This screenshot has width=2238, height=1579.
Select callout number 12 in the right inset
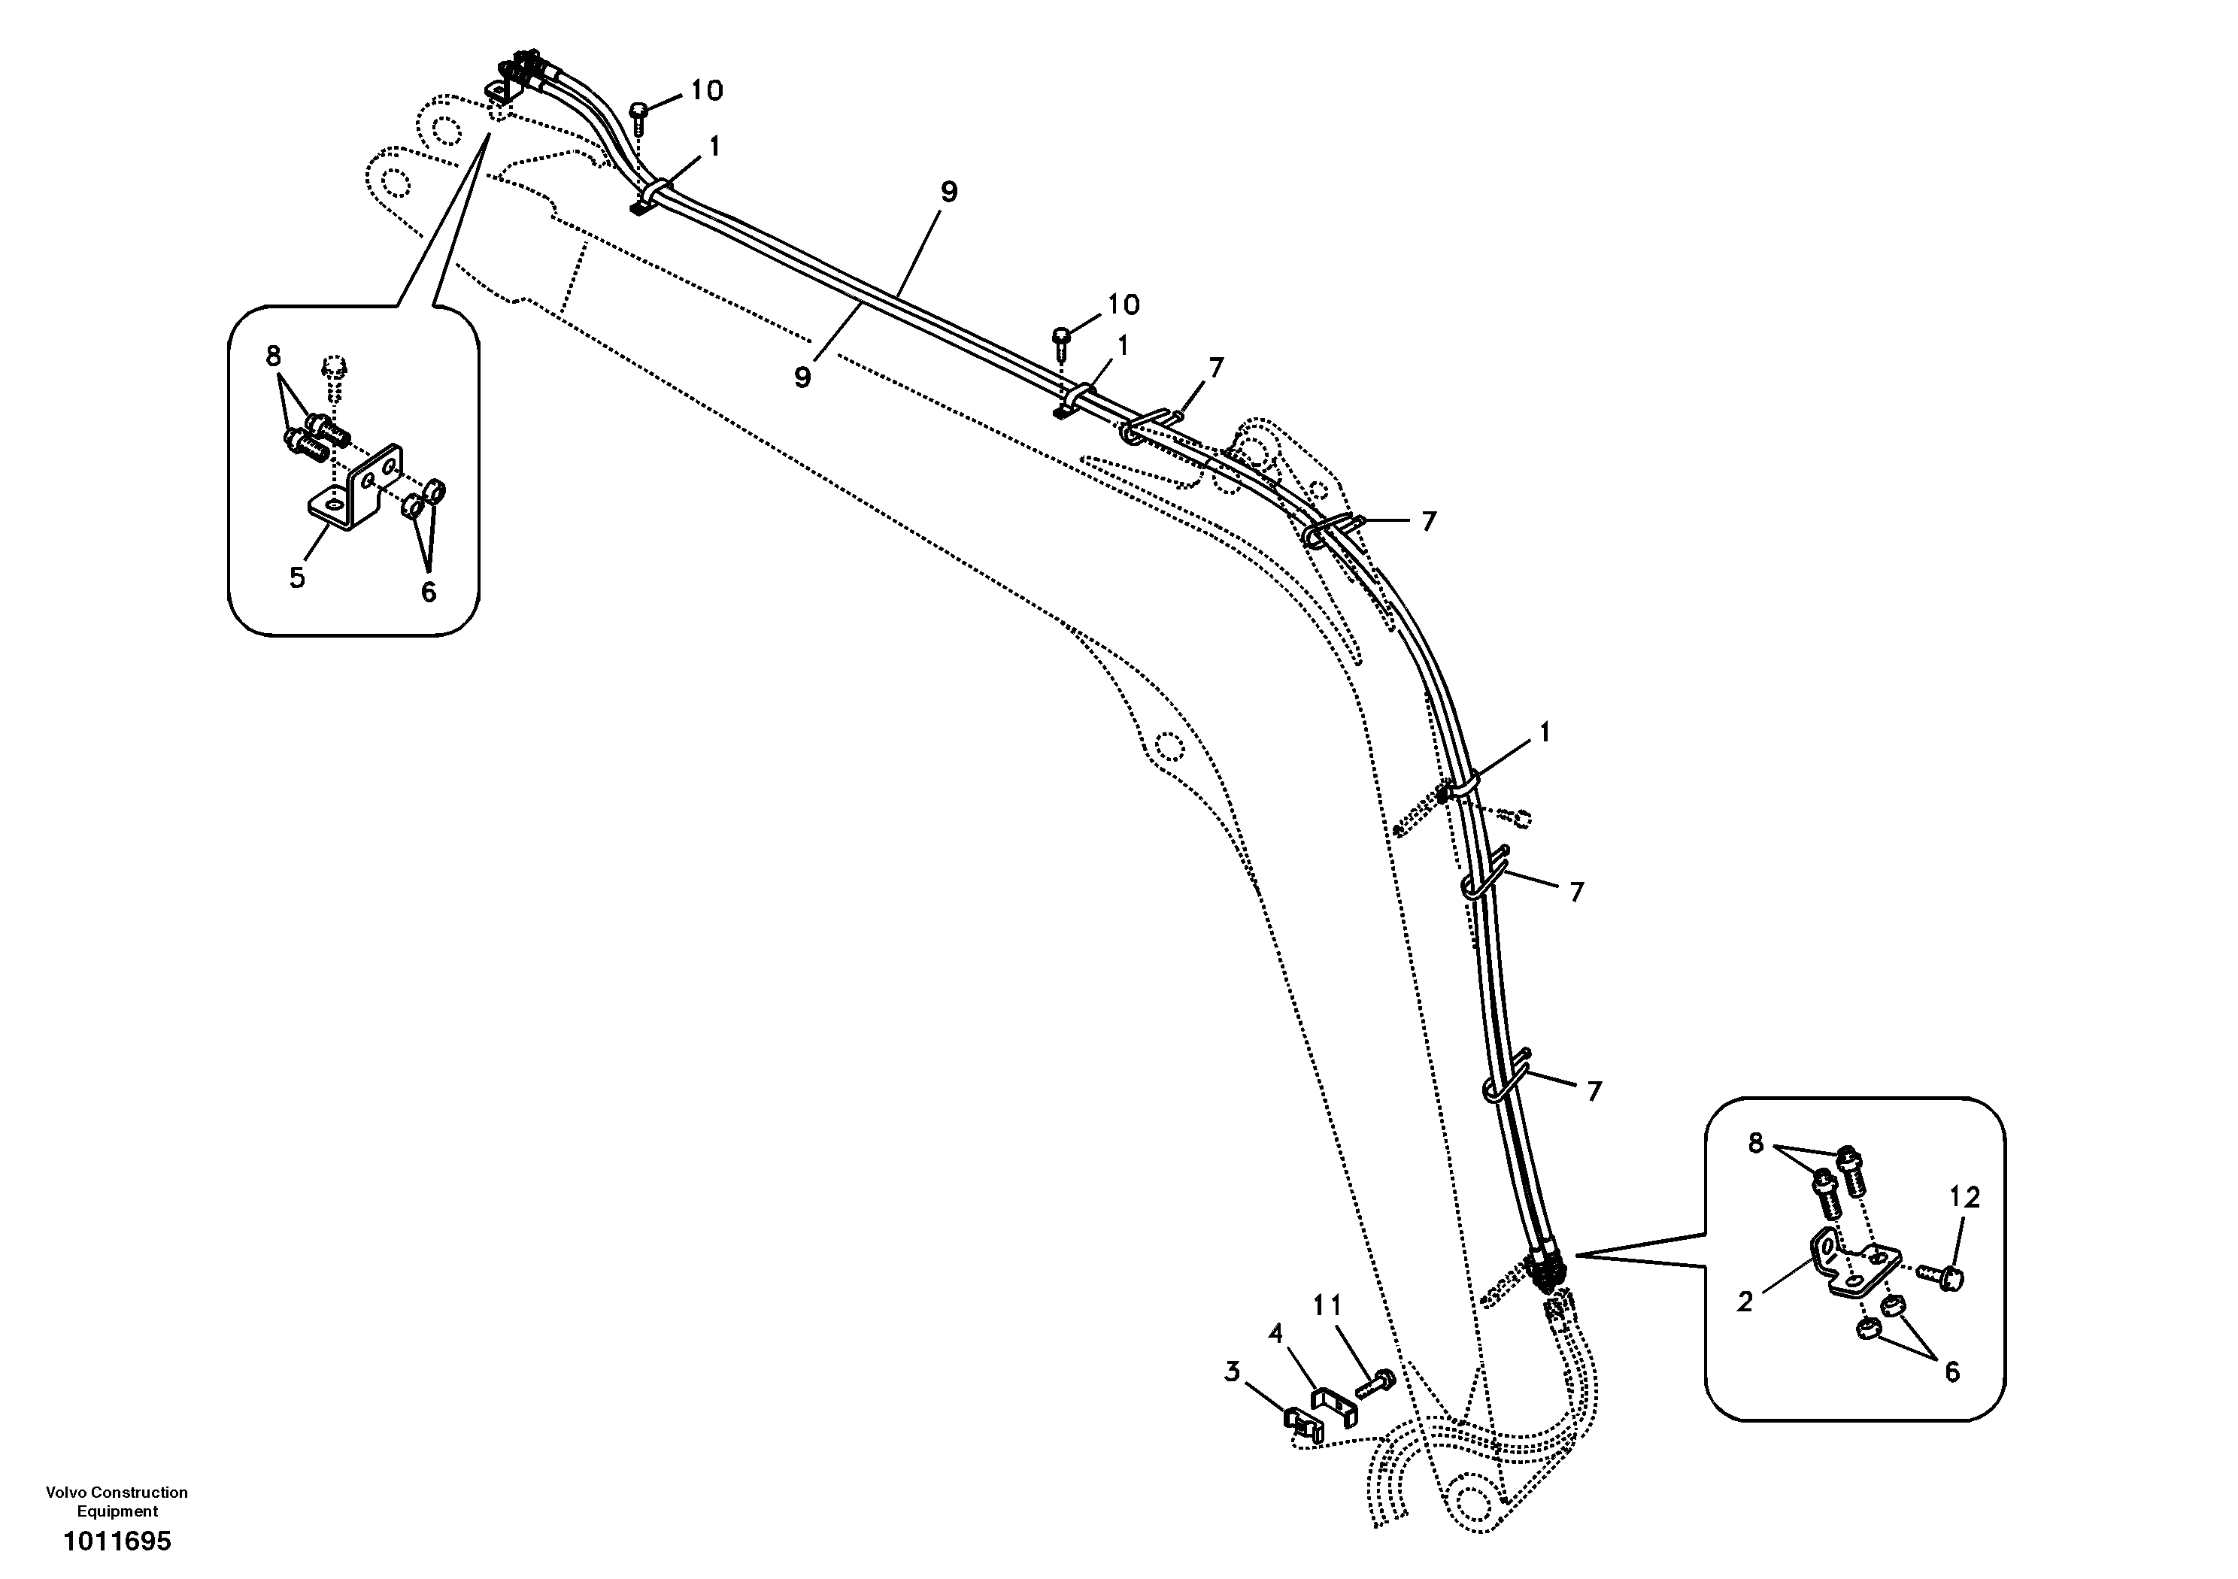[x=1964, y=1198]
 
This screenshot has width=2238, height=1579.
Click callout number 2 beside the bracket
[x=1745, y=1302]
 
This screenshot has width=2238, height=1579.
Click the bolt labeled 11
[x=1375, y=1382]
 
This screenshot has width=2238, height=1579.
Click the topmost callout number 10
[x=707, y=91]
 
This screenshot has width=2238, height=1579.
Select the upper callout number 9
[x=948, y=192]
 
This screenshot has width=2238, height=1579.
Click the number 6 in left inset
[x=428, y=592]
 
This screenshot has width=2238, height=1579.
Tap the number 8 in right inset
[x=1755, y=1144]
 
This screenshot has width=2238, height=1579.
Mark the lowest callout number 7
[x=1594, y=1092]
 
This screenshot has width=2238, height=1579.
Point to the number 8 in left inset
[x=273, y=356]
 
